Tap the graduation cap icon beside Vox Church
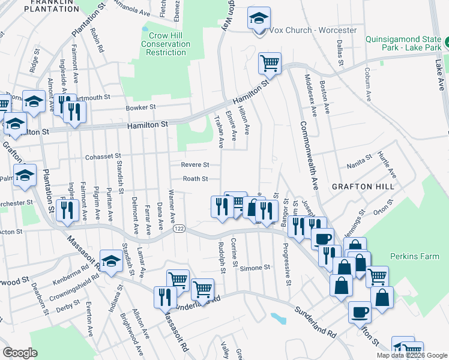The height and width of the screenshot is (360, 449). [x=259, y=19]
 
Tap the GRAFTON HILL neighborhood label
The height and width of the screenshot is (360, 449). [x=363, y=187]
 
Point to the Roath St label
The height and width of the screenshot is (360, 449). [x=195, y=179]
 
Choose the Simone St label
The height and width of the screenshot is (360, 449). [x=251, y=268]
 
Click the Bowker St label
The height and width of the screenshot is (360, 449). [x=140, y=107]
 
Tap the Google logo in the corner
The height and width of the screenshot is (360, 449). [x=20, y=353]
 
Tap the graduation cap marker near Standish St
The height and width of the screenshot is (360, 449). [x=111, y=261]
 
